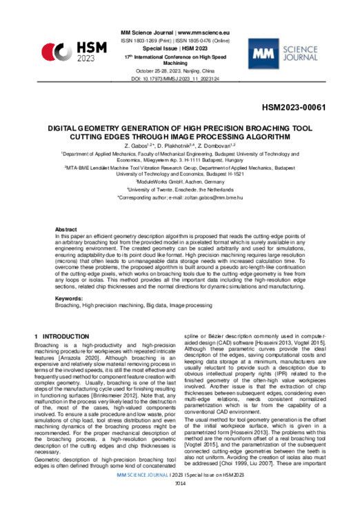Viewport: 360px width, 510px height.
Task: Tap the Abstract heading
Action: pyautogui.click(x=66, y=228)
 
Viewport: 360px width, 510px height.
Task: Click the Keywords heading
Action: pyautogui.click(x=70, y=298)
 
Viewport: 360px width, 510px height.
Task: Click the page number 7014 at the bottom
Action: pyautogui.click(x=179, y=502)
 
